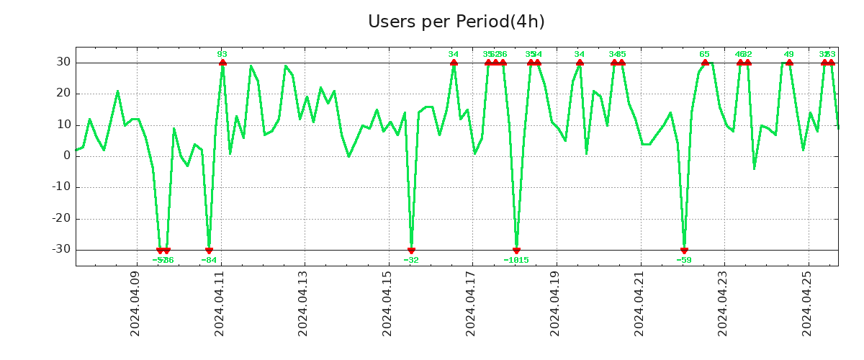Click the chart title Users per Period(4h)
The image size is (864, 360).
point(456,22)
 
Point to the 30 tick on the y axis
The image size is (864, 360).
point(63,63)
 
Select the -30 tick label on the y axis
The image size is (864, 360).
point(60,250)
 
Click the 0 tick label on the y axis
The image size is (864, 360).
point(66,156)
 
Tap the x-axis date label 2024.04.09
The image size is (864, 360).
point(135,304)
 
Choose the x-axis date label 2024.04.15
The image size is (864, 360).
point(387,304)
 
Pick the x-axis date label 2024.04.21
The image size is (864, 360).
point(639,304)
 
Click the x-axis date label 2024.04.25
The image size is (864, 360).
point(806,304)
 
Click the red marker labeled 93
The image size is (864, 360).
point(222,63)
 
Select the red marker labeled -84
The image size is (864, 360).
point(209,250)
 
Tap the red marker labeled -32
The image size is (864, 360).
point(411,250)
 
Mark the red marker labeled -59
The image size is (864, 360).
point(684,250)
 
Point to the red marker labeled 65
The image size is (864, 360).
point(705,63)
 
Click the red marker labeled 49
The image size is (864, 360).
point(789,63)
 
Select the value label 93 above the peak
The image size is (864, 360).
point(222,54)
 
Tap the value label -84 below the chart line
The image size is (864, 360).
point(209,260)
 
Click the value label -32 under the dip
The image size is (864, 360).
point(411,260)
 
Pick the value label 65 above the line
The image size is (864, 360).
point(705,54)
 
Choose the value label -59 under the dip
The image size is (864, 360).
point(684,260)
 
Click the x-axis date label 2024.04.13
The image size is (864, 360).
point(303,304)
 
